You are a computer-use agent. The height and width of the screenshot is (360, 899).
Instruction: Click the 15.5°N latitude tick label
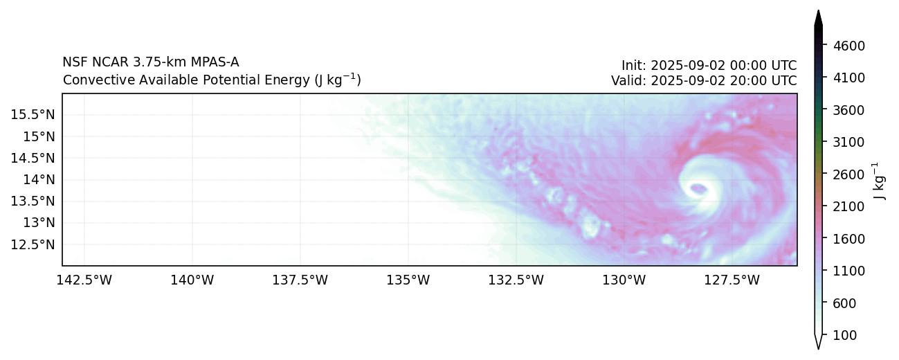point(33,114)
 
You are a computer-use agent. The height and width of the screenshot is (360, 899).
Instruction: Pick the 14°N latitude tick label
point(38,179)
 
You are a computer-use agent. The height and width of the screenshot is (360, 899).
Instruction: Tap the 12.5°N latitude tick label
point(33,244)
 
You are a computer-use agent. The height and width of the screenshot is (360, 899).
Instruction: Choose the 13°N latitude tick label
point(38,223)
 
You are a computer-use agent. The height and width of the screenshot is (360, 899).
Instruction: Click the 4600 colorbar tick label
point(850,46)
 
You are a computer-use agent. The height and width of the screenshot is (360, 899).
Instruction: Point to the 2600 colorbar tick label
point(850,174)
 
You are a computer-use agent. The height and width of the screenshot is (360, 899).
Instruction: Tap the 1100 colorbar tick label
point(850,271)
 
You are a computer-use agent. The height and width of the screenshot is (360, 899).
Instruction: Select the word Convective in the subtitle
point(92,80)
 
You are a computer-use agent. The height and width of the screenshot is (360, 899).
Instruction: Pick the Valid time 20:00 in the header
point(742,80)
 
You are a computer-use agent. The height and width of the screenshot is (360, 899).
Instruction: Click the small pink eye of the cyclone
point(698,188)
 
